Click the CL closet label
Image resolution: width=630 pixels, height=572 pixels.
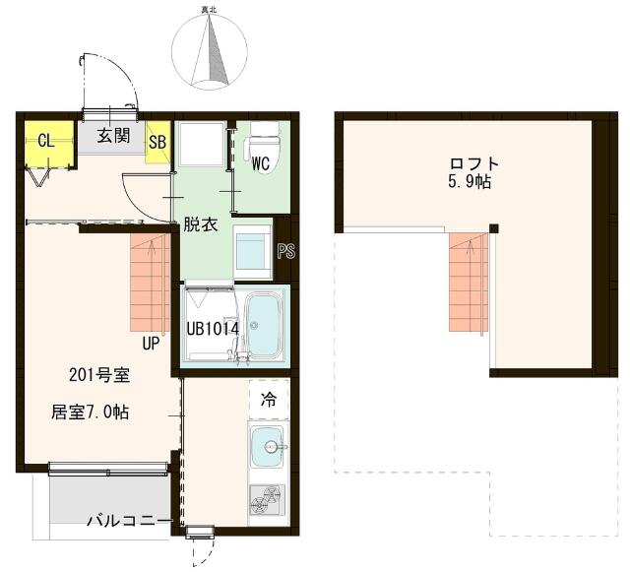(x=46, y=141)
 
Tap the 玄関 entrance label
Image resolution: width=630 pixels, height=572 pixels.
(x=114, y=136)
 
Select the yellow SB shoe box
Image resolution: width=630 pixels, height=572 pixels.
(x=157, y=142)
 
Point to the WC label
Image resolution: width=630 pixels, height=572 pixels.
(x=261, y=163)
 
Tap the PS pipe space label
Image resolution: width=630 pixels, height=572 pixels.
(x=286, y=251)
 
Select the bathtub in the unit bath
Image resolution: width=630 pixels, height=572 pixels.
(x=264, y=325)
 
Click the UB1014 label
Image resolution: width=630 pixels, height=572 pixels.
(x=213, y=329)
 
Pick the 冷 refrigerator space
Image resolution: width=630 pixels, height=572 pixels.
(x=269, y=399)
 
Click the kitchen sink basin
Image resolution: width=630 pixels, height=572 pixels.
(x=267, y=446)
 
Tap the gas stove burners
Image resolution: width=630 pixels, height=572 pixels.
(x=267, y=500)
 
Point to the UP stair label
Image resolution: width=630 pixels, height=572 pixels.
(x=151, y=344)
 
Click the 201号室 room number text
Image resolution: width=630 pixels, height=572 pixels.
(x=99, y=375)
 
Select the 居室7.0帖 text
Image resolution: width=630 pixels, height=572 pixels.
(x=90, y=413)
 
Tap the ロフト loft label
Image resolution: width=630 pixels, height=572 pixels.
(x=474, y=164)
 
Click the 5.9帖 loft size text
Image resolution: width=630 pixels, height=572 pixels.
(x=471, y=182)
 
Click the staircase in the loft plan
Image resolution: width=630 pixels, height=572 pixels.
(x=469, y=283)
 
